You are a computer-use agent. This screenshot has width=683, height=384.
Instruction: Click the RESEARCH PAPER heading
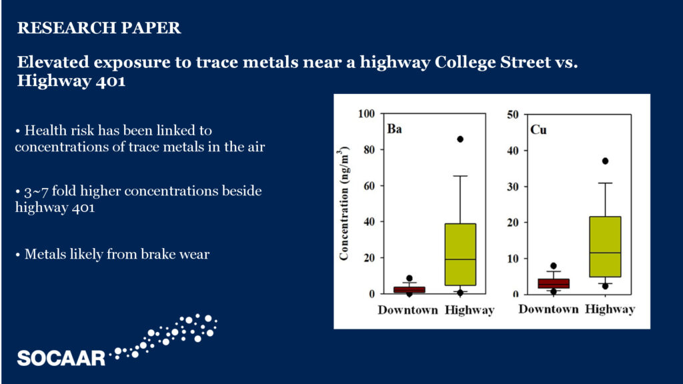99,28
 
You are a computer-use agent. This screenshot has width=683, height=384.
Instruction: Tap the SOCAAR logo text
61,358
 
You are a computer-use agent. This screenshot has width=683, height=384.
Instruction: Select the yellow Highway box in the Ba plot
460,255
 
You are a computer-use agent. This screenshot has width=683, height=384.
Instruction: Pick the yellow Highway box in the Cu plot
605,247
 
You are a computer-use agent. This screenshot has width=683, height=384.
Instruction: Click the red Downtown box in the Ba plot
409,289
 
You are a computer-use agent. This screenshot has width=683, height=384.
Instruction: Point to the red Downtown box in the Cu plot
554,283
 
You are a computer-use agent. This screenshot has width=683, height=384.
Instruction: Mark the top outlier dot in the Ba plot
460,139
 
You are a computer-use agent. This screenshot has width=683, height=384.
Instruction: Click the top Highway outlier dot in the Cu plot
605,161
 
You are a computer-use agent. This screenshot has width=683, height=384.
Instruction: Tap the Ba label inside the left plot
394,129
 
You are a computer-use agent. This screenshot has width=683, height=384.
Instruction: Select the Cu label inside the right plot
538,130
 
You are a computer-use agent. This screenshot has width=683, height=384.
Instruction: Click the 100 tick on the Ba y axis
366,113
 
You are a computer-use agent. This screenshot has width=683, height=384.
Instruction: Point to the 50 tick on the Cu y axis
513,115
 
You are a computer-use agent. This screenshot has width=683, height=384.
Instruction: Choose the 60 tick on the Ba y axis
369,186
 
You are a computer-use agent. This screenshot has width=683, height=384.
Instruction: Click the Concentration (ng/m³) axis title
344,203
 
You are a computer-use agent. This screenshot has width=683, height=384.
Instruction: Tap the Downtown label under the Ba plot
408,310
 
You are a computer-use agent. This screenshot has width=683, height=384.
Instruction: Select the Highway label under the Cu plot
610,309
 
